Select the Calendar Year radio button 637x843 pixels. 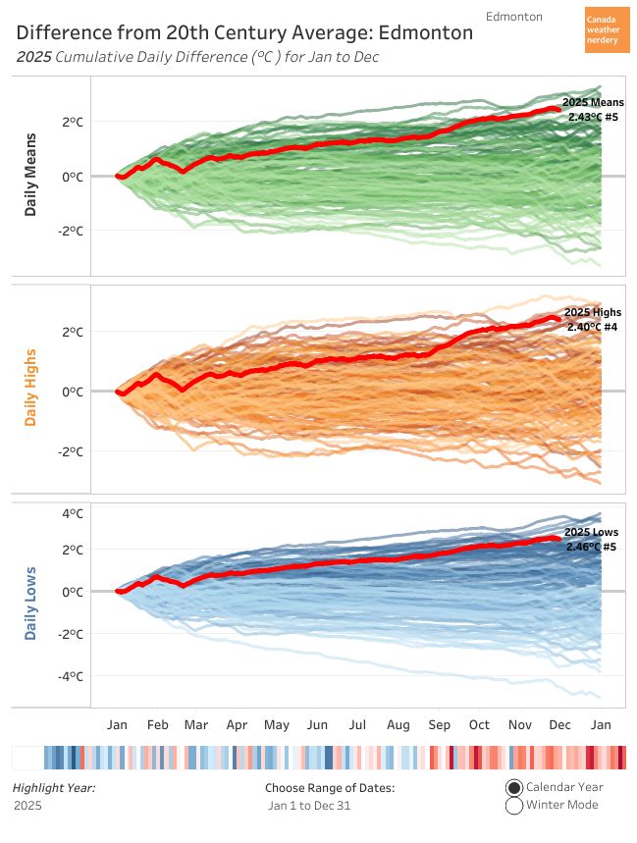(x=514, y=787)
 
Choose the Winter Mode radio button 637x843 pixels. (x=514, y=806)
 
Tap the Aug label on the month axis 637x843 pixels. (x=398, y=725)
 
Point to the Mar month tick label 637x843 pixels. (x=196, y=725)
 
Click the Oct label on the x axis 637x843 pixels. (x=479, y=725)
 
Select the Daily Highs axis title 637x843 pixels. (x=31, y=388)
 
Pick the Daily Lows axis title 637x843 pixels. (x=31, y=603)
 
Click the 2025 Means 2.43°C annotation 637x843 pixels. (x=594, y=109)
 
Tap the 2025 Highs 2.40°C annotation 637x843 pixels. (x=593, y=319)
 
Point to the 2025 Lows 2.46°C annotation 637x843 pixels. (x=592, y=539)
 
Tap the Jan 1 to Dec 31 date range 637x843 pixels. (x=309, y=806)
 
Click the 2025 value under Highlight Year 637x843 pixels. (x=27, y=806)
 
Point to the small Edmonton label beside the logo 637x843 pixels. (x=513, y=17)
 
